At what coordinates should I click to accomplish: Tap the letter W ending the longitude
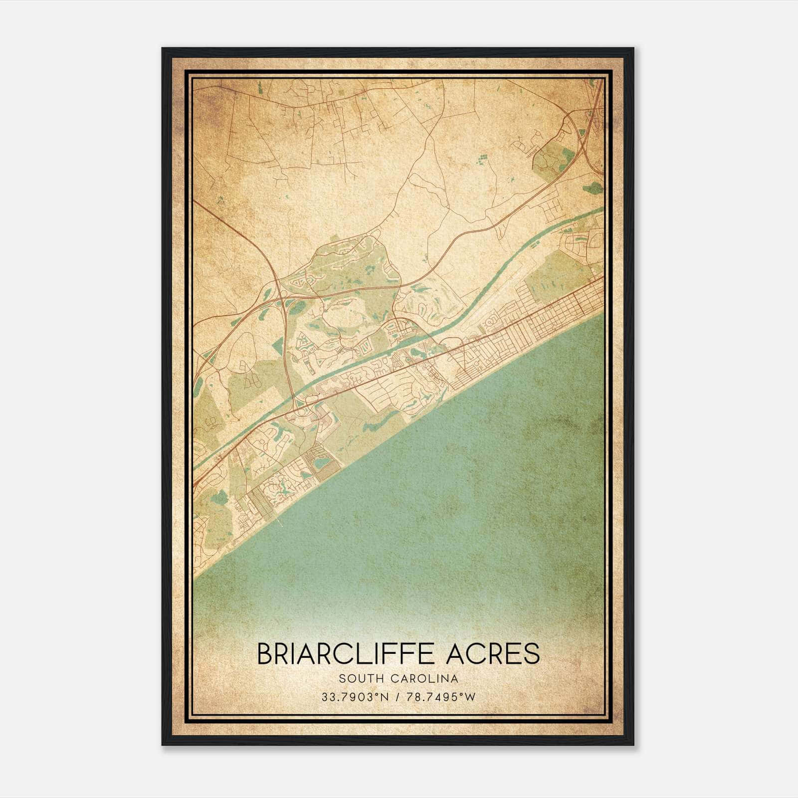pos(471,697)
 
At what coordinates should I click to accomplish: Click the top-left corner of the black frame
pos(163,49)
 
